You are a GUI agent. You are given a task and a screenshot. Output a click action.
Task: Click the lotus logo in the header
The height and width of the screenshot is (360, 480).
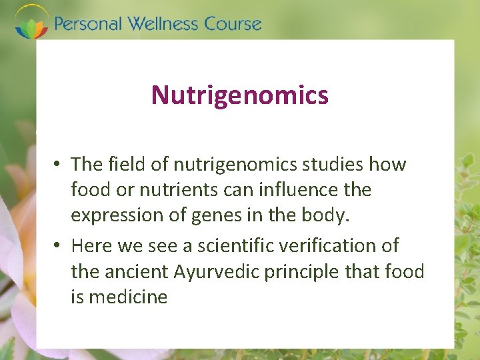[31, 22]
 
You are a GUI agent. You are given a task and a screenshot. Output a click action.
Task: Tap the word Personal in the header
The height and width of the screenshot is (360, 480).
[88, 24]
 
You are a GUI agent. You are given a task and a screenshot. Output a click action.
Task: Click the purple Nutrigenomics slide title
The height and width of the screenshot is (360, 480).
[239, 95]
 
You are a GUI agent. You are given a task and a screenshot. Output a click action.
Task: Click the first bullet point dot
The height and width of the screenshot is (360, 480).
[59, 165]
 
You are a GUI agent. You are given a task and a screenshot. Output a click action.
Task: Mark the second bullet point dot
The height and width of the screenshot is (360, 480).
[59, 246]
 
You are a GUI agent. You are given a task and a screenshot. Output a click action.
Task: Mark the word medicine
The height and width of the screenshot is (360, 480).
[129, 297]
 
